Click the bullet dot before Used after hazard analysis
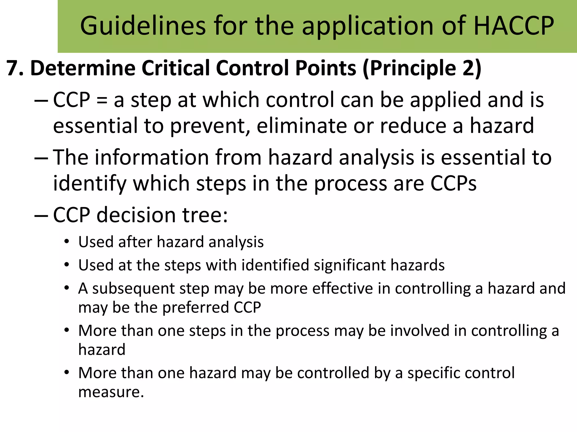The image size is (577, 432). coord(66,242)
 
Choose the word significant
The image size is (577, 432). coord(350,265)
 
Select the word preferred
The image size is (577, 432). coord(196,307)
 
